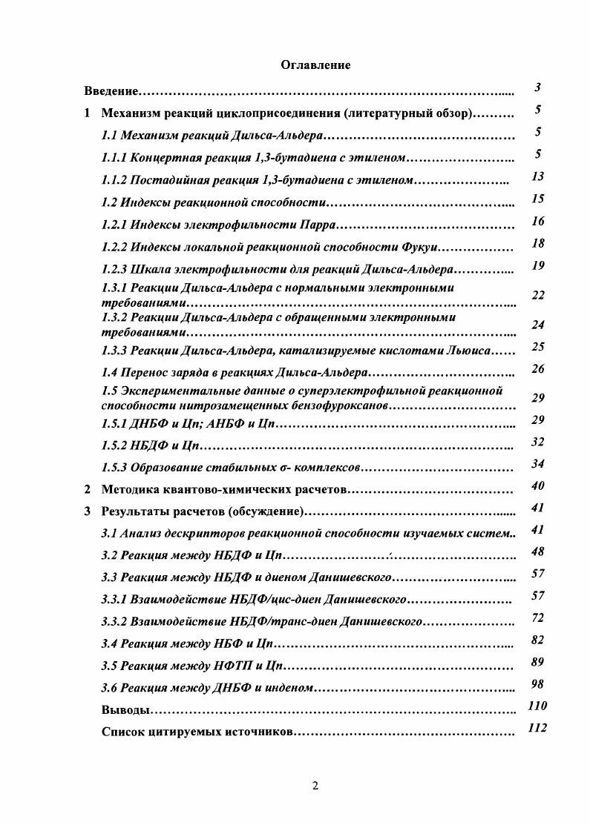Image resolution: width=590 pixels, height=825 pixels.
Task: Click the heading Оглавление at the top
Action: pos(315,65)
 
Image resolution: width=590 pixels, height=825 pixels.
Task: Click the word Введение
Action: pos(111,91)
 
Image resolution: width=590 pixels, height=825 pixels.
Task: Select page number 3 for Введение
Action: pos(537,87)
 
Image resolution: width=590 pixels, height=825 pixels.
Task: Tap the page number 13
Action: pos(538,176)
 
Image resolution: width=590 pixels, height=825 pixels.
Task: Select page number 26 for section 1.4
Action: pos(538,369)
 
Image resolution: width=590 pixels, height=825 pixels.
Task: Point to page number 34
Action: pos(538,464)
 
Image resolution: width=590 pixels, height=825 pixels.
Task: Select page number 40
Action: pos(538,486)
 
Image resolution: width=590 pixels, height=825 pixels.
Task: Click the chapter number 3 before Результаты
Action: pos(87,511)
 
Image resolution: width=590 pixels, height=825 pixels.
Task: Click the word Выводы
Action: pos(125,710)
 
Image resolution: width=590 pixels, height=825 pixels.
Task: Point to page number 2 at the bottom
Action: pos(315,786)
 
